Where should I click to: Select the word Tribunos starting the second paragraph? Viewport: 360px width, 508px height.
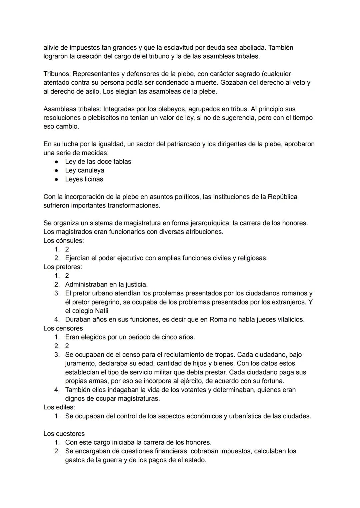click(57, 74)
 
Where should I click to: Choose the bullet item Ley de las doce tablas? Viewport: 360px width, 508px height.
click(98, 162)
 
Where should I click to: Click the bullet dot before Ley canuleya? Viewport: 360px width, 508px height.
click(57, 171)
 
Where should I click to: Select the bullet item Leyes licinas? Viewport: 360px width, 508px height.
click(84, 179)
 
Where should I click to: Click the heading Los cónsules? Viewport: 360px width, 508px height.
click(63, 241)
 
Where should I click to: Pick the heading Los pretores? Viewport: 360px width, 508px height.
click(63, 267)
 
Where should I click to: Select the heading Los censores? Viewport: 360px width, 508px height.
click(63, 328)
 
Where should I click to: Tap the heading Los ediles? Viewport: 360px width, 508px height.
click(59, 407)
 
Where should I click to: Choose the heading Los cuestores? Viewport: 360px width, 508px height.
click(64, 434)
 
